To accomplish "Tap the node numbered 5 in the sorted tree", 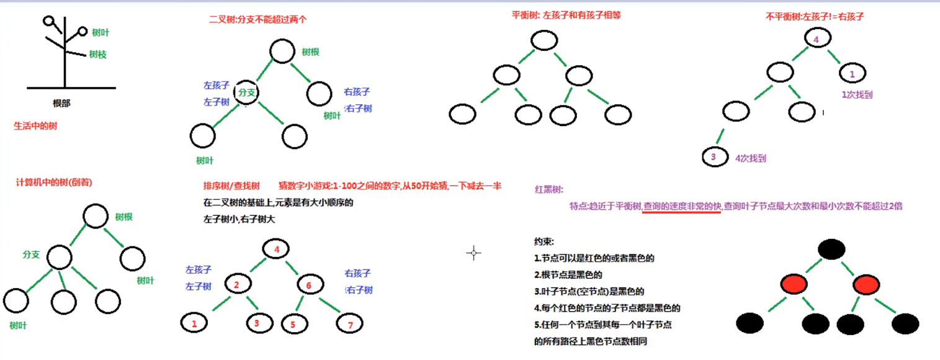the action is coord(294,323).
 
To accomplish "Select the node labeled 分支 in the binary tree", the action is coord(247,92).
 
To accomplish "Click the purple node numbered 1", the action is coord(853,74).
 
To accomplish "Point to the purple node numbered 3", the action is coord(714,157).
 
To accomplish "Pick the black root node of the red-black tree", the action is coord(831,250).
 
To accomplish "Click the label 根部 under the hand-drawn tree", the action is coord(62,104).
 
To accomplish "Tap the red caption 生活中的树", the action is coord(35,125).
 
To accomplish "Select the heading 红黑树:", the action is coord(549,189).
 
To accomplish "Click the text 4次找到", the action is coord(750,158).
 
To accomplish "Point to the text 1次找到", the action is coord(857,95).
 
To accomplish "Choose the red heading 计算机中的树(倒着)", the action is coord(54,182).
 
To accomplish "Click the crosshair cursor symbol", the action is coord(473,253).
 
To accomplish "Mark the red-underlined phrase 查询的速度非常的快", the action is coord(682,206).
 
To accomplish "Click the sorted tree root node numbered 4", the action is coord(277,250).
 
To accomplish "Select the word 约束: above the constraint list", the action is coord(544,241).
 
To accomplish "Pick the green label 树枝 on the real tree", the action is coord(98,55).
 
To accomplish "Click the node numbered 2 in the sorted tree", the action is coord(237,285).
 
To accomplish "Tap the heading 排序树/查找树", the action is coord(231,186).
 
